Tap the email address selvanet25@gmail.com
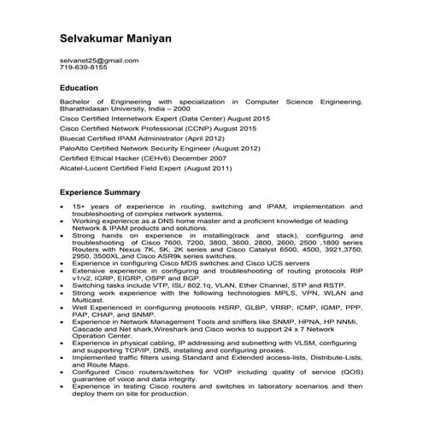pos(99,61)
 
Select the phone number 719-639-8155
pos(84,68)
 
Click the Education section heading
pos(79,88)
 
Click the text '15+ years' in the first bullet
pos(89,207)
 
